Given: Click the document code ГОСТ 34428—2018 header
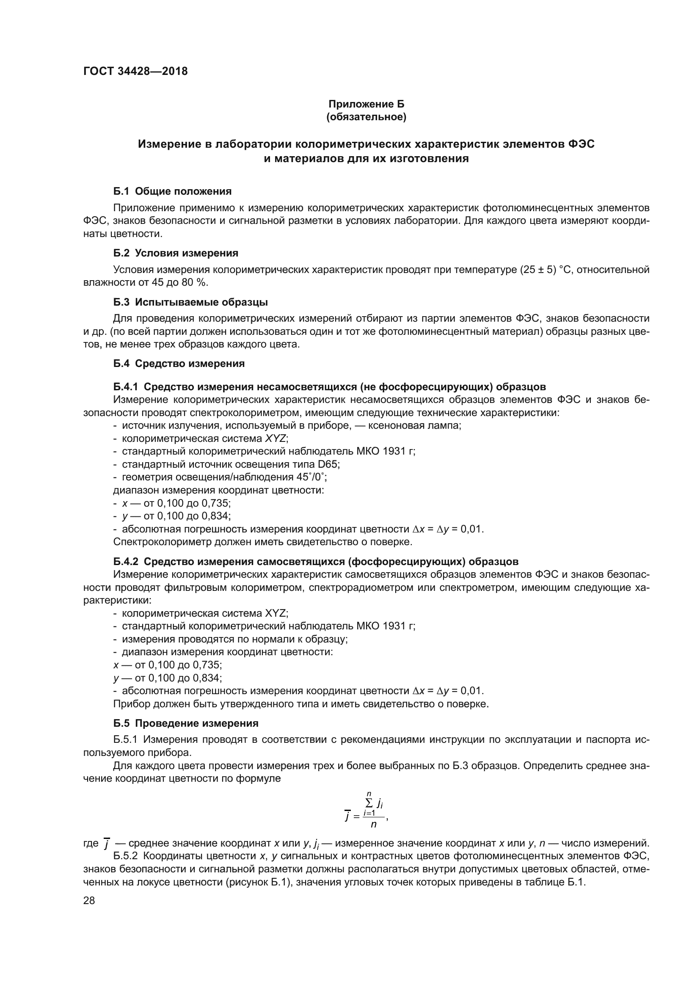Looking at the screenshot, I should [x=135, y=72].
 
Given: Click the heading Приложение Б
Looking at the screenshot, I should [x=366, y=104].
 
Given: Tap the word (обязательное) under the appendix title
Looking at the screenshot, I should [x=366, y=117].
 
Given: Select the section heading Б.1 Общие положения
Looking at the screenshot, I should [x=172, y=191].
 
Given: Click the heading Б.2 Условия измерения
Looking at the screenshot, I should [x=176, y=253].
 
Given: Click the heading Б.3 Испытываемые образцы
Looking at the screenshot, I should [x=190, y=302].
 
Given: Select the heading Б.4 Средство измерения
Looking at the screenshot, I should [x=179, y=364].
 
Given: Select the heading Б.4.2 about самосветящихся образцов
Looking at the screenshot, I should [x=316, y=561].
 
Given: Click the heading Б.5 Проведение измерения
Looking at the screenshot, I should [x=186, y=723].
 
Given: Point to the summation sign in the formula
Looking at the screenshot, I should [x=369, y=802].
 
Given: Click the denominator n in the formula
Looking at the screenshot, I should [x=373, y=825].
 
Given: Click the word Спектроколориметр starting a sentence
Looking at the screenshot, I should [x=157, y=542].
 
